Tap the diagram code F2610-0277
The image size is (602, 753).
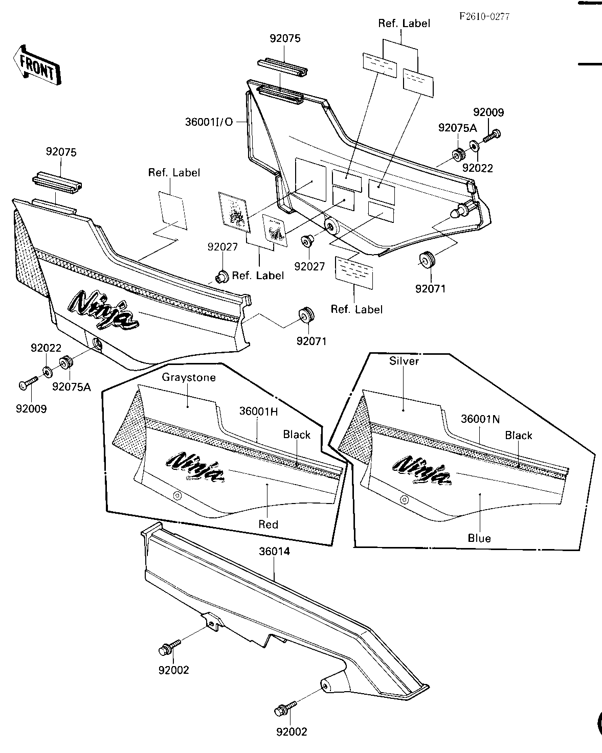click(484, 16)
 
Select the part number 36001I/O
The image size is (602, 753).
click(209, 122)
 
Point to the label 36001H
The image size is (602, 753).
click(258, 411)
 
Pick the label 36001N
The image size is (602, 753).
click(480, 419)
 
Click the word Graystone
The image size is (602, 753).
click(189, 378)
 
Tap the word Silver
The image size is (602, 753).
click(404, 361)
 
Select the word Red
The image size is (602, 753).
click(268, 524)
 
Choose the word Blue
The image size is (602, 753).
click(479, 538)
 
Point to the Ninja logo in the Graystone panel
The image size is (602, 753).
click(196, 467)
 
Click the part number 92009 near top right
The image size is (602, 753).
click(488, 112)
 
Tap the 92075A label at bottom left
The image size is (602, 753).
click(72, 387)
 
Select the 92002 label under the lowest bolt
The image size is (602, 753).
click(292, 732)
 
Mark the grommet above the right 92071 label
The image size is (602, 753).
click(427, 260)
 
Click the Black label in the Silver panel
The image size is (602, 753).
click(519, 436)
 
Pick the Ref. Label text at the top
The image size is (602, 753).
click(404, 23)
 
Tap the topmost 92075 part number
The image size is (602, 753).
click(285, 38)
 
